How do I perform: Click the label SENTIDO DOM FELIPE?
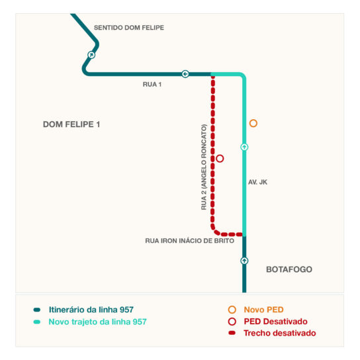(x=129, y=28)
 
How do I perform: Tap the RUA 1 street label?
(x=152, y=84)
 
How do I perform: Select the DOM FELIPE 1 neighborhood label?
(x=71, y=124)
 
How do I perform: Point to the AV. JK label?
(x=257, y=182)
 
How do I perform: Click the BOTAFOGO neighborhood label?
(x=289, y=269)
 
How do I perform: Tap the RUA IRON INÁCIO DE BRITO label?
(x=190, y=241)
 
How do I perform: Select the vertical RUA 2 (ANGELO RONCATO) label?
(x=204, y=167)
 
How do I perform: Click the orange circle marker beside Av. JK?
(x=253, y=123)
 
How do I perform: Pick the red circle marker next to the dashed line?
(x=220, y=158)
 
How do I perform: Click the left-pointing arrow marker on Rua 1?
(x=185, y=74)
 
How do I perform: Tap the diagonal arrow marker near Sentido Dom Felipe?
(x=91, y=55)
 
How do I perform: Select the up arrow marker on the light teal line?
(x=244, y=147)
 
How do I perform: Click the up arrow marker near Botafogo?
(x=244, y=261)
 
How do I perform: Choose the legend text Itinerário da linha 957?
(x=91, y=310)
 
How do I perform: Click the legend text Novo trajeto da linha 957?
(x=97, y=322)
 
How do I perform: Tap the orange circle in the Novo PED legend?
(x=232, y=310)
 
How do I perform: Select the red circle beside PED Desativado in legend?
(x=232, y=322)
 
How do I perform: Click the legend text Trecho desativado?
(x=280, y=333)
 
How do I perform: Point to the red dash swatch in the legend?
(x=232, y=333)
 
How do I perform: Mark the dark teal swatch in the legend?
(x=37, y=310)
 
